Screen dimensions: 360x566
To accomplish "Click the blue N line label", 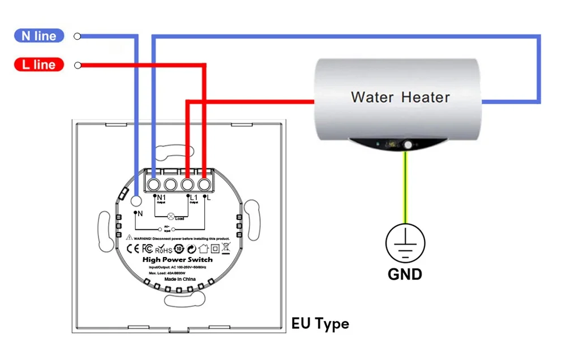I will pyautogui.click(x=39, y=36).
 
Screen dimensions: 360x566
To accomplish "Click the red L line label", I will pyautogui.click(x=39, y=65).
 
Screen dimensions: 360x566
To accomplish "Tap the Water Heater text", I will pyautogui.click(x=400, y=97).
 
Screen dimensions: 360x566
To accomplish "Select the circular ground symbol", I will pyautogui.click(x=405, y=243).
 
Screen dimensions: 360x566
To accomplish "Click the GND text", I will pyautogui.click(x=405, y=275).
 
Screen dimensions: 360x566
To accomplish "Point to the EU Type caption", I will pyautogui.click(x=320, y=324).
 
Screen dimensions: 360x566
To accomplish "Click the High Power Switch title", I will pyautogui.click(x=177, y=259).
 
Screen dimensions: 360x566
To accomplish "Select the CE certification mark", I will pyautogui.click(x=132, y=248).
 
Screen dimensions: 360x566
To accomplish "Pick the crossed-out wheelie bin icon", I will pyautogui.click(x=226, y=247).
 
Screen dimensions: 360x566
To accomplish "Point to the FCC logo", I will pyautogui.click(x=147, y=248).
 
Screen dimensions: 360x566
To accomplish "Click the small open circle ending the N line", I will pyautogui.click(x=78, y=36).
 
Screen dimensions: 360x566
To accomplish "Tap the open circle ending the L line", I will pyautogui.click(x=78, y=65).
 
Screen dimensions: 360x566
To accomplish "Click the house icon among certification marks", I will pyautogui.click(x=204, y=247).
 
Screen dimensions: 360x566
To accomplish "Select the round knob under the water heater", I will pyautogui.click(x=407, y=146).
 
